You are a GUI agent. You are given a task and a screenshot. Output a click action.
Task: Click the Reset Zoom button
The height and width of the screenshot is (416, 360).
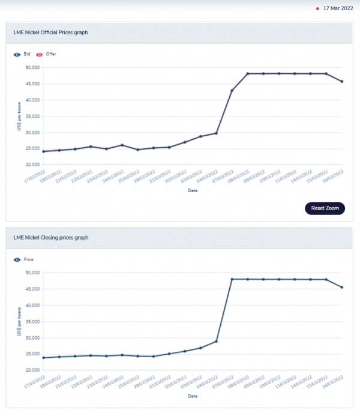pos(325,208)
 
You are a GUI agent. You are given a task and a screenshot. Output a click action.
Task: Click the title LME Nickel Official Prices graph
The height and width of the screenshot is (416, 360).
pos(51,32)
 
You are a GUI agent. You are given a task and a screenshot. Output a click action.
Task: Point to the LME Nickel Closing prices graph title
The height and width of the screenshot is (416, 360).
pos(50,238)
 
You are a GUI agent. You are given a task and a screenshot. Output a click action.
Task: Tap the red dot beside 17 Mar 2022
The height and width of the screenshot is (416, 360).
pos(317,9)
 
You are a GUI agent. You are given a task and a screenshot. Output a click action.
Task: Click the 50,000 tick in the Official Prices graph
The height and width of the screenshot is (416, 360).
pos(32,67)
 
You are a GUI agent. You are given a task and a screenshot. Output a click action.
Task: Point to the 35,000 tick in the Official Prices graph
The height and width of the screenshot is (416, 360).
pos(32,116)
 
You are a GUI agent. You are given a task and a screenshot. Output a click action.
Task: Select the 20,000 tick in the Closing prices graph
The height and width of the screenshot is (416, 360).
pos(32,370)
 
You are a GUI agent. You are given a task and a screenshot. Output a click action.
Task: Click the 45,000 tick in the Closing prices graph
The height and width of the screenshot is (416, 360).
pos(32,289)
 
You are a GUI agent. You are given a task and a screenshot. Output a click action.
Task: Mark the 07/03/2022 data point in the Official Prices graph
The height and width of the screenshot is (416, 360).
pos(232,91)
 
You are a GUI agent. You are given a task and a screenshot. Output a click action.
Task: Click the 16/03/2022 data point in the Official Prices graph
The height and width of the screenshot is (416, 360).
pos(341,82)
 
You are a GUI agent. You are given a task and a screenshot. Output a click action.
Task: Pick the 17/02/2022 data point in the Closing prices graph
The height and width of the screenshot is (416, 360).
pos(44,358)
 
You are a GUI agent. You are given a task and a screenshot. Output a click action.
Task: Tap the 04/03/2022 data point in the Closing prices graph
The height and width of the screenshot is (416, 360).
pos(216,342)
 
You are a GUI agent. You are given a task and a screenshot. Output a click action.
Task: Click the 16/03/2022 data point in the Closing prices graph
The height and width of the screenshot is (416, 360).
pos(341,287)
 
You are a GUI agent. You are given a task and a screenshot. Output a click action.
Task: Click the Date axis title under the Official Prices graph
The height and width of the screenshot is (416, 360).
pos(192,190)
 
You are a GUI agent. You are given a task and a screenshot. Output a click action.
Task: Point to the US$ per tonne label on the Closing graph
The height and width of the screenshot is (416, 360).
pos(19,321)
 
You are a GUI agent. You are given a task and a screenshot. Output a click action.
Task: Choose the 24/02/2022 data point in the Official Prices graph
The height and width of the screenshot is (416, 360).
pos(122,145)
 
